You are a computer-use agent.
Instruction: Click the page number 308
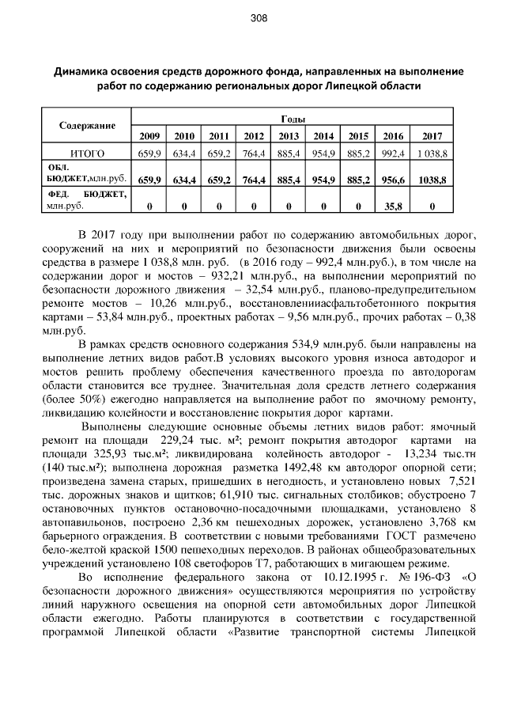[x=253, y=18]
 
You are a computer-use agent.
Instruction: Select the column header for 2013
[x=289, y=136]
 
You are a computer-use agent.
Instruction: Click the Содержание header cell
[x=87, y=127]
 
